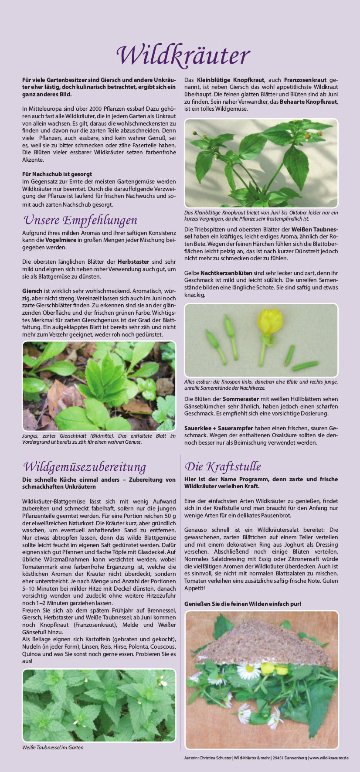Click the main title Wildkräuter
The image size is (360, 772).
[183, 56]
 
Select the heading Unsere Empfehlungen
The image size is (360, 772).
[80, 220]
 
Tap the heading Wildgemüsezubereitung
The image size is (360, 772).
[85, 466]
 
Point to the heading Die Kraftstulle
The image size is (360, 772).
[223, 466]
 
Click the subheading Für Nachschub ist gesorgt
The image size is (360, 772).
[57, 174]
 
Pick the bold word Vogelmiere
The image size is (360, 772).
[59, 240]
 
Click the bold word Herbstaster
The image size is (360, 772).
[133, 262]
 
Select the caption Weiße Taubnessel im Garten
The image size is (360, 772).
[53, 747]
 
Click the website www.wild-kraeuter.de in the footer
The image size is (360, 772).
[329, 758]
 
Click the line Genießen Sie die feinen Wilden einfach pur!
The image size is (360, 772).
[243, 604]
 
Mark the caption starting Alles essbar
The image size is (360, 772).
[261, 384]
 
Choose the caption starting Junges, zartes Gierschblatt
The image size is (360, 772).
[99, 439]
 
